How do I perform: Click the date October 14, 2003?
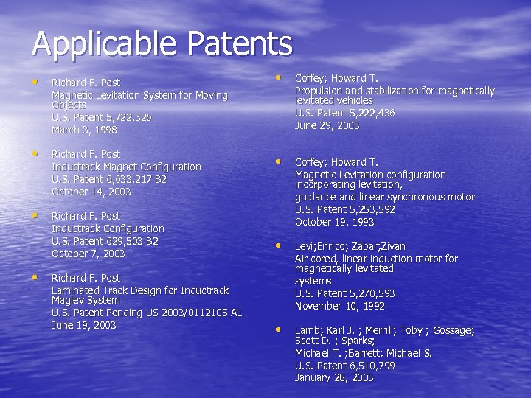91,192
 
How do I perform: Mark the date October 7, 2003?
88,254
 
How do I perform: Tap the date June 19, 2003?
83,325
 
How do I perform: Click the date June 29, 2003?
327,125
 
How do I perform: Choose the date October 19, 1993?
334,222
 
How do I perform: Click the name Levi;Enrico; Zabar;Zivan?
350,246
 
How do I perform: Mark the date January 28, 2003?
334,378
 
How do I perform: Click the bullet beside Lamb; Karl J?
279,329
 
